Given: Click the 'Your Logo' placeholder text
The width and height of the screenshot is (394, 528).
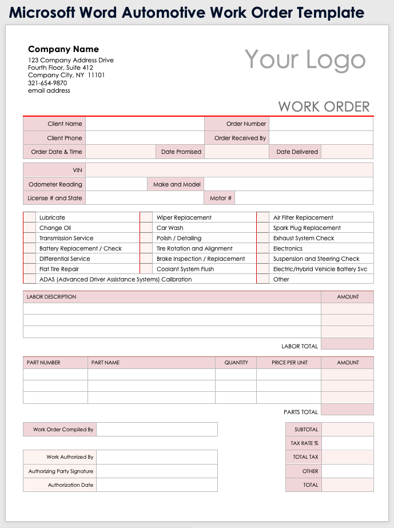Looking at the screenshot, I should pyautogui.click(x=305, y=60).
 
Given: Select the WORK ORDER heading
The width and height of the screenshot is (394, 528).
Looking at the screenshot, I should pyautogui.click(x=324, y=106).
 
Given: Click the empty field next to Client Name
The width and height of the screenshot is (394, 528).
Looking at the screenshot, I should pyautogui.click(x=145, y=124).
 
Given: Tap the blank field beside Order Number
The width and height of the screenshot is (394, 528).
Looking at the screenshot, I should pyautogui.click(x=321, y=124).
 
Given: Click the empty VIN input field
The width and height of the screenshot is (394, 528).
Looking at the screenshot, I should pyautogui.click(x=229, y=170).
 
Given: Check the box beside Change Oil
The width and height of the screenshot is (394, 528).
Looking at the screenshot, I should pyautogui.click(x=29, y=228).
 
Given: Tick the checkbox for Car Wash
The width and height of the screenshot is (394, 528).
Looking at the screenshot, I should pyautogui.click(x=146, y=228).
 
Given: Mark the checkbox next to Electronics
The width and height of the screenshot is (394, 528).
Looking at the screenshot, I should pyautogui.click(x=263, y=248).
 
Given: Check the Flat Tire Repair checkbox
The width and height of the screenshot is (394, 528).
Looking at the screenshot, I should pyautogui.click(x=29, y=269).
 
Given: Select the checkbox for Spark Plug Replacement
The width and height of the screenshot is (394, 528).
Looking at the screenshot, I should pyautogui.click(x=263, y=228).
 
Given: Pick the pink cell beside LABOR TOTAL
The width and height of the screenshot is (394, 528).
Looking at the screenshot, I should pyautogui.click(x=347, y=344).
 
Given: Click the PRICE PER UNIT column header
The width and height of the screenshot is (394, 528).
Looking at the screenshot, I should pyautogui.click(x=289, y=363).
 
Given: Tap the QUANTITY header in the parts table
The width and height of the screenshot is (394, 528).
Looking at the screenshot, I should pyautogui.click(x=236, y=363).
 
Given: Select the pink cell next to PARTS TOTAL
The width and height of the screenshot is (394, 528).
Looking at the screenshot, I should pyautogui.click(x=347, y=410).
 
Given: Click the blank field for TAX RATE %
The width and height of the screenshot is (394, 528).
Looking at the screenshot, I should pyautogui.click(x=348, y=443).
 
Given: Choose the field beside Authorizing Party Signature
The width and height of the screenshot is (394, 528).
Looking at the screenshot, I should pyautogui.click(x=157, y=471).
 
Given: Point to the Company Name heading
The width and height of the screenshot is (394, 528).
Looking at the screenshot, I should pyautogui.click(x=63, y=49).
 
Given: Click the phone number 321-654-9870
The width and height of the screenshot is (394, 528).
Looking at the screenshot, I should pyautogui.click(x=47, y=83).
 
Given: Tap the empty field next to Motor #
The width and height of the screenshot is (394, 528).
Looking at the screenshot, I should pyautogui.click(x=304, y=199).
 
